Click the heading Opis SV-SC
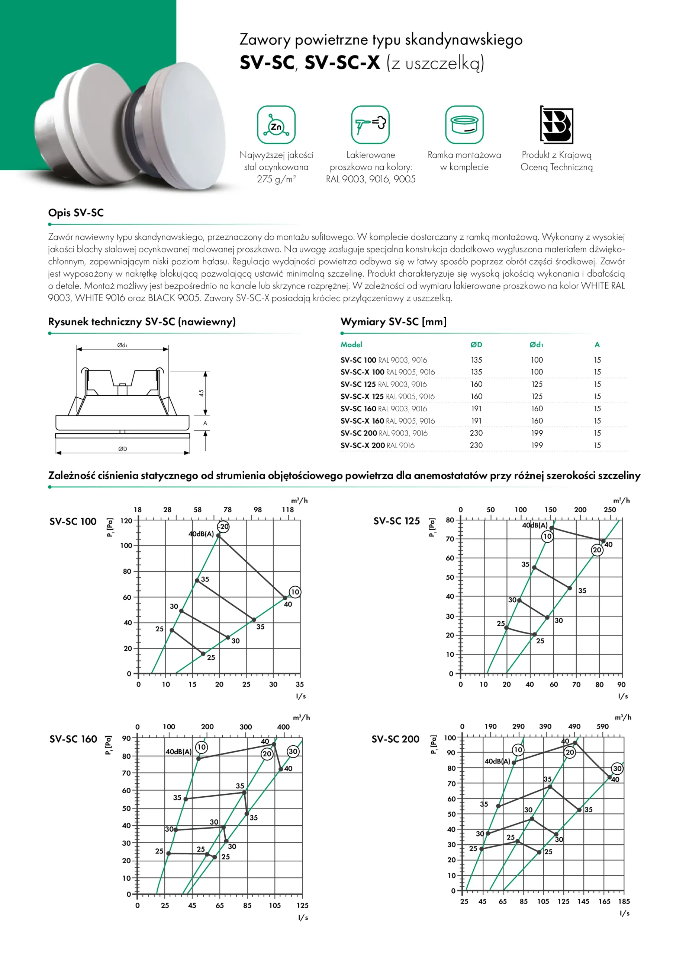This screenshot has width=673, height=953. click(76, 213)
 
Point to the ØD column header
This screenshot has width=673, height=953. click(476, 344)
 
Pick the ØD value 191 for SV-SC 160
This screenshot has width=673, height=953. click(476, 409)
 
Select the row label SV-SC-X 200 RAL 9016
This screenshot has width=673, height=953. click(377, 445)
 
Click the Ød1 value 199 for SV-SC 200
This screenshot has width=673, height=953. click(537, 433)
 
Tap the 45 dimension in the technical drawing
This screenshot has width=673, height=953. click(201, 393)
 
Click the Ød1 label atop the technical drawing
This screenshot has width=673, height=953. click(122, 345)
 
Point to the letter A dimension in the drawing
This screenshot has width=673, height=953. click(205, 423)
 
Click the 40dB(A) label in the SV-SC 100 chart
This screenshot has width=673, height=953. click(201, 534)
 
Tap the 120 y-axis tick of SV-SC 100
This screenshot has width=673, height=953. click(126, 520)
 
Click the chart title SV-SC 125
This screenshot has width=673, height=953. click(396, 521)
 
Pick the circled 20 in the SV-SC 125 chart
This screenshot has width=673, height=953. click(597, 550)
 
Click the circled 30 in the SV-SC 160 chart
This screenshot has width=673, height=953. click(293, 751)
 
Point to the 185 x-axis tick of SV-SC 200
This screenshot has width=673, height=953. click(624, 901)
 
